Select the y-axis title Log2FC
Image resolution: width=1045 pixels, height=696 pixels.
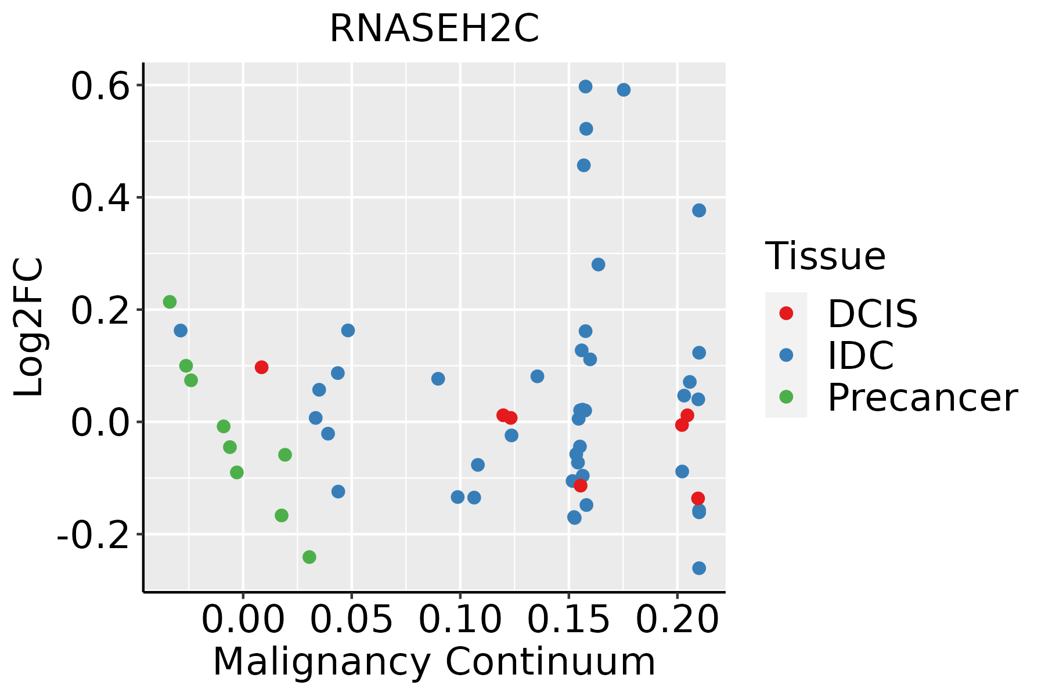(29, 327)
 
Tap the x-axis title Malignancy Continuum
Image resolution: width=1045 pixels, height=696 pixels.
(434, 662)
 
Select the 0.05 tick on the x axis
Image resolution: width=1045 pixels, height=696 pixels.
(351, 619)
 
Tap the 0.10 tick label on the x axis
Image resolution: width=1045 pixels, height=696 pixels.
(460, 619)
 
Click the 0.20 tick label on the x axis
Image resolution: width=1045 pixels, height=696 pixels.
(677, 619)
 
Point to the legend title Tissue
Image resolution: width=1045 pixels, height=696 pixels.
(826, 256)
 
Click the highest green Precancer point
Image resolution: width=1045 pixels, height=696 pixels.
(170, 302)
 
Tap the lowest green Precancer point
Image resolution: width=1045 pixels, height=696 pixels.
(309, 557)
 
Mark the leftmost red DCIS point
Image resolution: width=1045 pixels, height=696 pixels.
(261, 367)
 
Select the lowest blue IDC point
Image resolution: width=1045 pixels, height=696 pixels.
(699, 568)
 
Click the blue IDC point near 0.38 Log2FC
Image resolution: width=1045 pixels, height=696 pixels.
(699, 210)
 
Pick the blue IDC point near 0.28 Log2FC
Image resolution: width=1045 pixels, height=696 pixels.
(598, 264)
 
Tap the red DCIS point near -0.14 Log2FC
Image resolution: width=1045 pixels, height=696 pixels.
(698, 498)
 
